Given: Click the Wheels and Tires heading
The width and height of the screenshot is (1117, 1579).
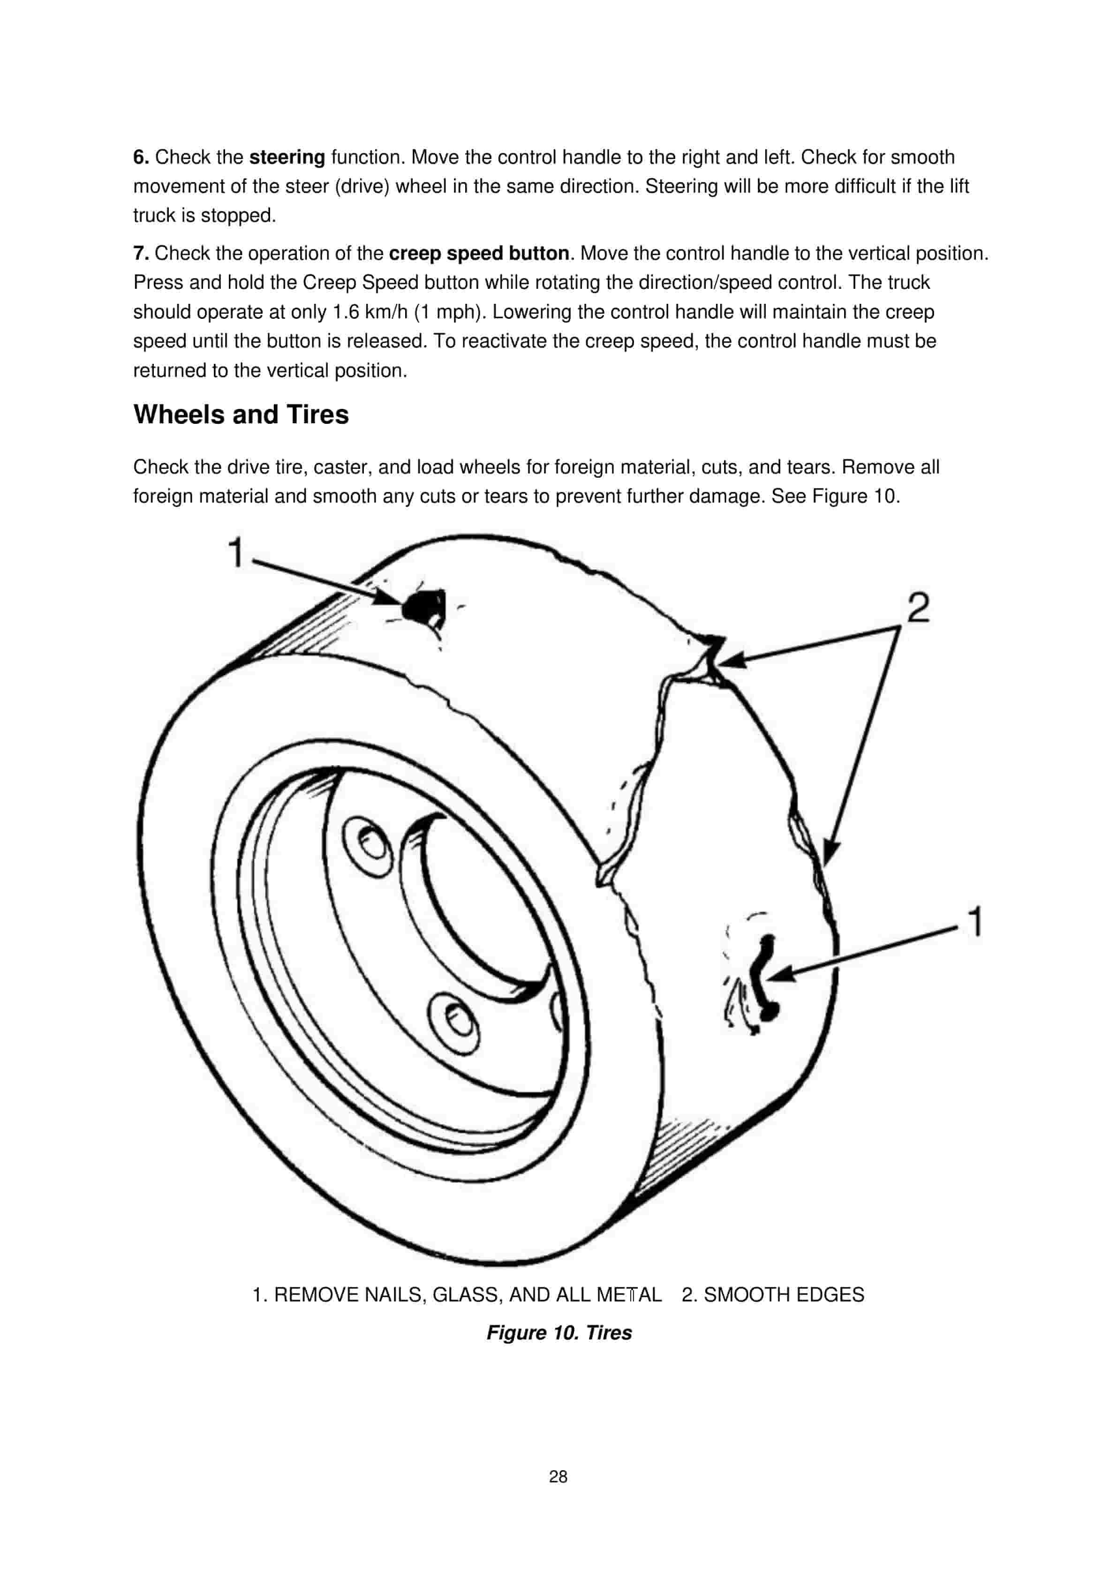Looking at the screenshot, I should click(x=241, y=415).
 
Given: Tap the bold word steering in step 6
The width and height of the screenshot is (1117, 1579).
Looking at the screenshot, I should click(x=287, y=158).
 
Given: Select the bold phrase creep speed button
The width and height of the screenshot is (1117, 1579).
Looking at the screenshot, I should click(x=479, y=254).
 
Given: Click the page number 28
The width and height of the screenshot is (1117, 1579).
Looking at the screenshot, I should click(x=558, y=1476).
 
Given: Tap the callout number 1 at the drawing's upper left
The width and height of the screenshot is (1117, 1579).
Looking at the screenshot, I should click(x=236, y=552).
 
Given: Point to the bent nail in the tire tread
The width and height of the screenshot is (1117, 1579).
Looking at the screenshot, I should click(x=764, y=977).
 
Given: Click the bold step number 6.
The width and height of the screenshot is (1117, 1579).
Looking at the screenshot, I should click(x=141, y=158).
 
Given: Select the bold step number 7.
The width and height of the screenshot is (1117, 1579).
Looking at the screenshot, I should click(x=141, y=254).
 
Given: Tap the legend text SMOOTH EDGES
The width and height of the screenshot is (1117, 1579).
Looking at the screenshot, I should click(x=784, y=1295).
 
